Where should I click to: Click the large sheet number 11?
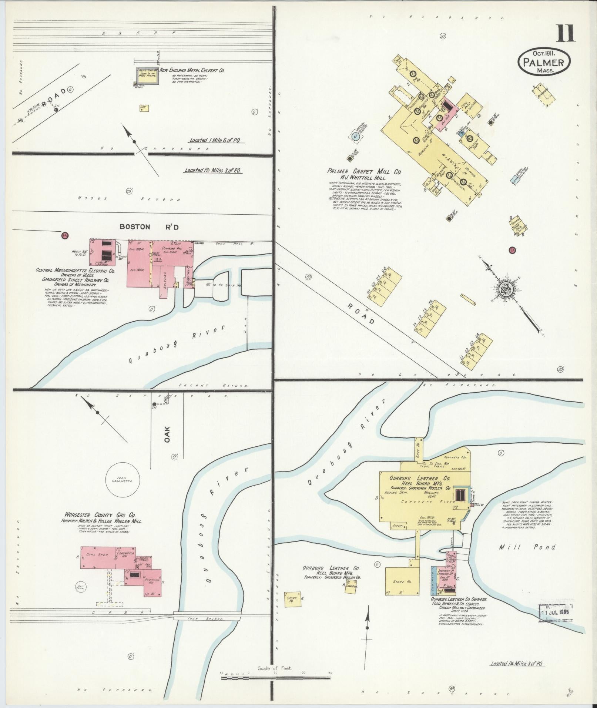[565, 33]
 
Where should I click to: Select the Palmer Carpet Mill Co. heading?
[364, 172]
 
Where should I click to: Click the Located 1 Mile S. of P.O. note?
[217, 141]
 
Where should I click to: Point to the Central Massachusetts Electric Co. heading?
[76, 271]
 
